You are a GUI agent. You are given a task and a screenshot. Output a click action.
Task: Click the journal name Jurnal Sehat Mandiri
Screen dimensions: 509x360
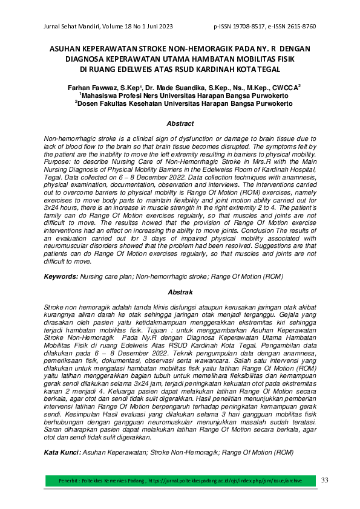(x=70, y=27)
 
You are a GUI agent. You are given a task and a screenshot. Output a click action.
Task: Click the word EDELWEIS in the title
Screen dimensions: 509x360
(x=137, y=68)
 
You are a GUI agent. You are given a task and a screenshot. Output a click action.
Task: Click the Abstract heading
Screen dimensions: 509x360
(x=180, y=124)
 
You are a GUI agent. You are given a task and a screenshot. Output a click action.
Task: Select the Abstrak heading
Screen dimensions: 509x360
(x=180, y=293)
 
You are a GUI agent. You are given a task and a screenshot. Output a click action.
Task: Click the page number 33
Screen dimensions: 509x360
(x=324, y=480)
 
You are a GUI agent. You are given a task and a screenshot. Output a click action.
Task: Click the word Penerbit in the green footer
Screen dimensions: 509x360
(x=70, y=481)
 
